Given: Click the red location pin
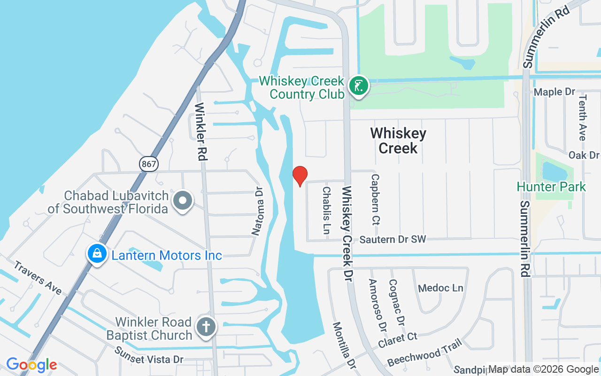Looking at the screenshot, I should coord(300,176).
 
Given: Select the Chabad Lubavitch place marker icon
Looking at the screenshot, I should coord(183,201).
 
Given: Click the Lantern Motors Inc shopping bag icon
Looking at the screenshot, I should coord(97,254).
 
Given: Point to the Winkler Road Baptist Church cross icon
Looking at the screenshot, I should coord(206,327).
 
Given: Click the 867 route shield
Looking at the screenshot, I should coord(149,164).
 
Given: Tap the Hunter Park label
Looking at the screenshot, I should coord(551,187).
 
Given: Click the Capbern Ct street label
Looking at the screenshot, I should coord(375,199).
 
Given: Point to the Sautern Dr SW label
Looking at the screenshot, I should coord(393,240).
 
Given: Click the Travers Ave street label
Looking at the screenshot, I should coord(38,278).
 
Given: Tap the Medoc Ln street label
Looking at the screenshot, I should coord(440,288).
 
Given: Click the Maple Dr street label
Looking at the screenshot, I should coord(555,92).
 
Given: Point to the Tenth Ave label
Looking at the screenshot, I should coord(582,117).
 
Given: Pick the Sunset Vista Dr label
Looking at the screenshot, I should coord(149,355).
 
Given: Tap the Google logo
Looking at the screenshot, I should coord(31,365).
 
